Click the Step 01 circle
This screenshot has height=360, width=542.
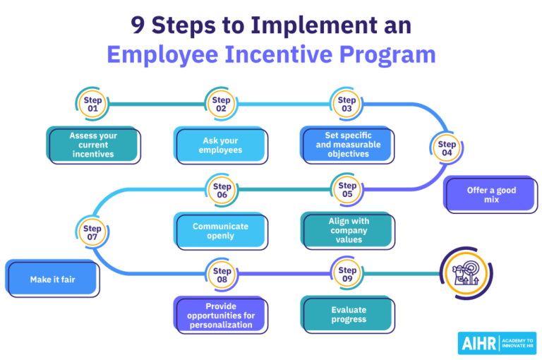tap(92, 104)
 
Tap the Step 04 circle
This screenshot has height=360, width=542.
tap(447, 148)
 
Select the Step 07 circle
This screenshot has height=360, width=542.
tap(92, 232)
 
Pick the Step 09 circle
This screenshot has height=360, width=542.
tap(347, 275)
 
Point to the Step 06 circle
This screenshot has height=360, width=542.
tap(222, 190)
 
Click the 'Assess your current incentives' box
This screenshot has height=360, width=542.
tap(93, 145)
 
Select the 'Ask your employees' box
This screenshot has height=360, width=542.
tap(220, 145)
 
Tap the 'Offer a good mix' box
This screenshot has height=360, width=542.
tap(491, 194)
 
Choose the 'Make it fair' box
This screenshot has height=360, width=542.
tap(52, 278)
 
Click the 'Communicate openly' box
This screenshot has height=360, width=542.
tap(220, 231)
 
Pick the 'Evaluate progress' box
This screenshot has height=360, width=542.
tap(348, 314)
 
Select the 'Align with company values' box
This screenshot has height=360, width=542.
tap(348, 230)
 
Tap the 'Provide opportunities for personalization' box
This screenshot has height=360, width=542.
tap(220, 315)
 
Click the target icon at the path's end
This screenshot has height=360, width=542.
tap(466, 273)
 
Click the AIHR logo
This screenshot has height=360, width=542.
tap(497, 343)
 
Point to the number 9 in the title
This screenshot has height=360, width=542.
tap(137, 25)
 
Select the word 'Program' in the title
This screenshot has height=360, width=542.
tap(387, 55)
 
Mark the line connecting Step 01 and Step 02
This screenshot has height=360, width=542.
tap(157, 104)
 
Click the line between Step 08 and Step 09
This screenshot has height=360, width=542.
tap(284, 274)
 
